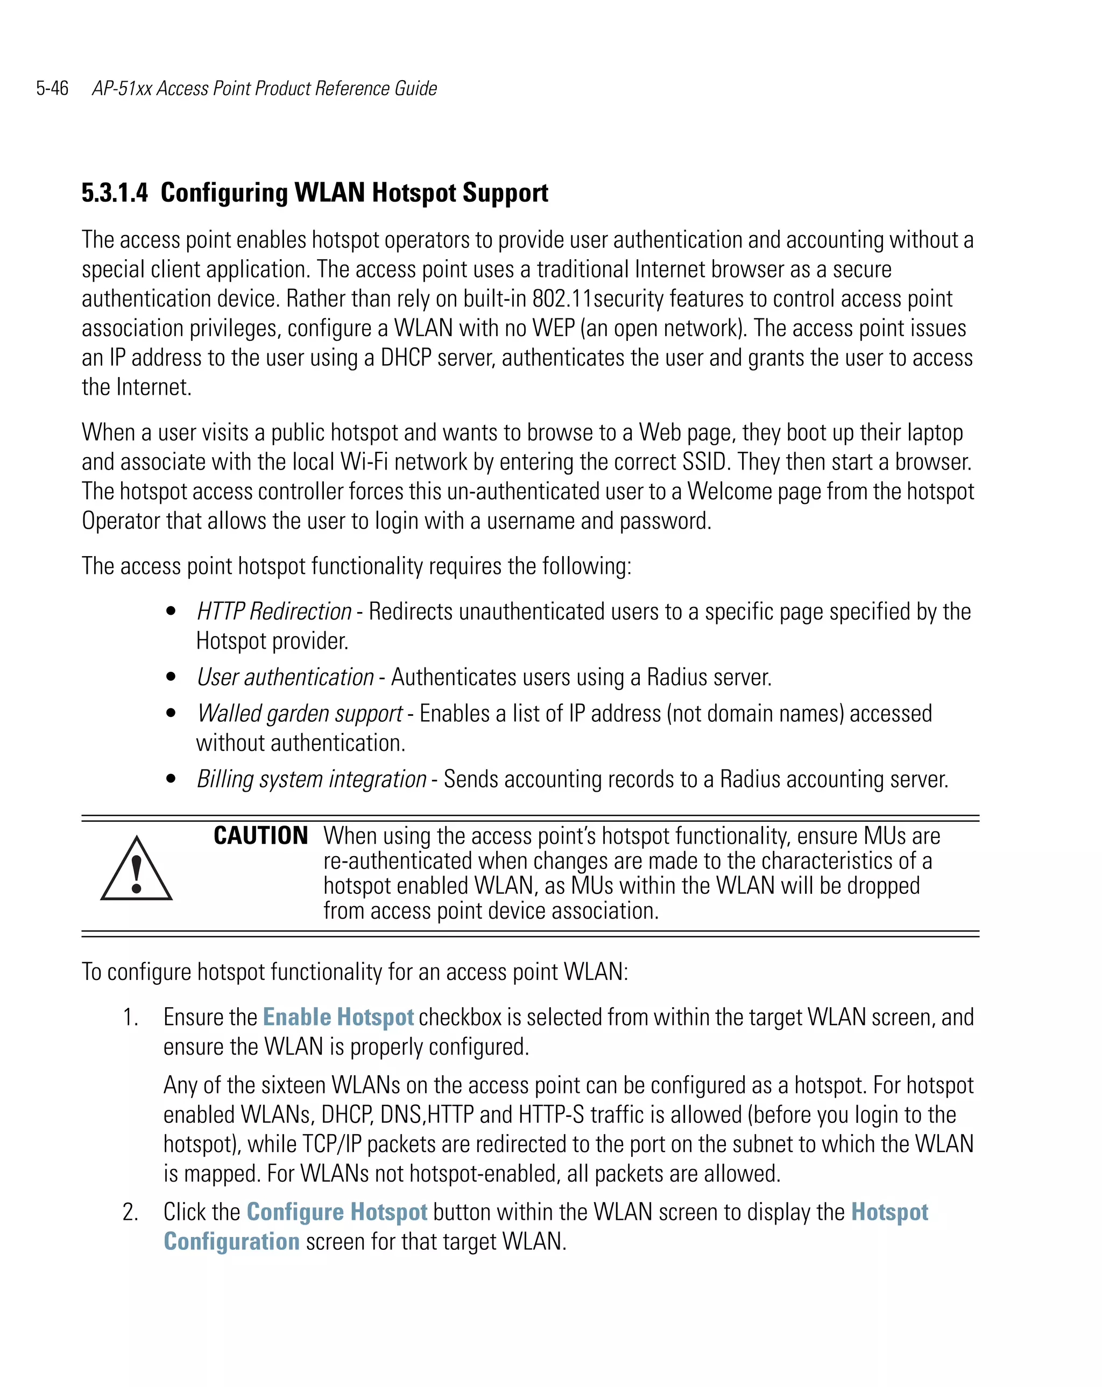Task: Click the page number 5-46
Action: (52, 88)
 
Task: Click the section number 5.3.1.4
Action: (115, 193)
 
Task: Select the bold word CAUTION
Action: (260, 836)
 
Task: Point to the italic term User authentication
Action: (285, 678)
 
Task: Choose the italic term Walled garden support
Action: (300, 714)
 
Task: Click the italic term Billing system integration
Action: (312, 780)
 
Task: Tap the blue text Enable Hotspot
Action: (338, 1017)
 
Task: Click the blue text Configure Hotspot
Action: (337, 1212)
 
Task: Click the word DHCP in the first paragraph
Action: (406, 358)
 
